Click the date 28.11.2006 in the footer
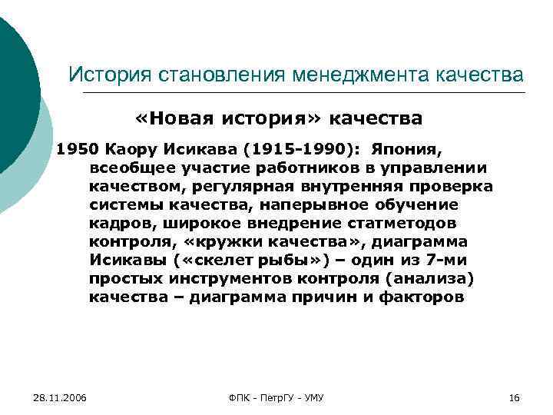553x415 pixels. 60,397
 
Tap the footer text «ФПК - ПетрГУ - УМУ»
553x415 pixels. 276,397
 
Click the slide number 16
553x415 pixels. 515,397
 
